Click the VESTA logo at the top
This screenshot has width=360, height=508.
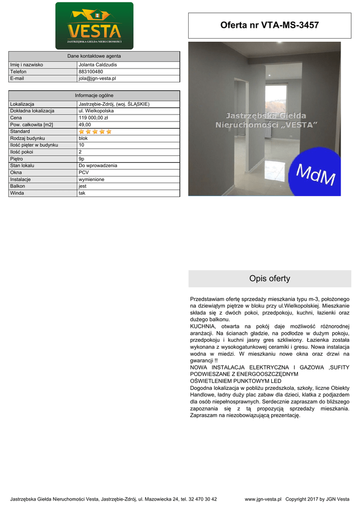pyautogui.click(x=94, y=26)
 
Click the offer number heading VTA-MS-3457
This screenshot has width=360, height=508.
pyautogui.click(x=270, y=25)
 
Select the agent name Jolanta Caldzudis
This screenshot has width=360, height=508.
pyautogui.click(x=98, y=64)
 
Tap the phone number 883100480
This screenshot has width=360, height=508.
pyautogui.click(x=91, y=71)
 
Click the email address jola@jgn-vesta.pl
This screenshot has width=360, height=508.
pyautogui.click(x=97, y=78)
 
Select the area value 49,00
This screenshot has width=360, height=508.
pyautogui.click(x=85, y=125)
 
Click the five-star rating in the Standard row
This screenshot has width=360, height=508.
pyautogui.click(x=95, y=131)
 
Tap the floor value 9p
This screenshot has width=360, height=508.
pyautogui.click(x=82, y=159)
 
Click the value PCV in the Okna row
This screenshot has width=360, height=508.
pyautogui.click(x=83, y=172)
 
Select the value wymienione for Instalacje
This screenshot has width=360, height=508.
pyautogui.click(x=91, y=179)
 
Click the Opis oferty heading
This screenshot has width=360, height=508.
pyautogui.click(x=270, y=279)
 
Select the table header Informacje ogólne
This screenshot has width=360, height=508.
pyautogui.click(x=94, y=95)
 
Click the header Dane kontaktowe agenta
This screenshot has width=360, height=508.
pyautogui.click(x=94, y=56)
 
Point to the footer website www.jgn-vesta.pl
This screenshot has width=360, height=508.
pyautogui.click(x=263, y=499)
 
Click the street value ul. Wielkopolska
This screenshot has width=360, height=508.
pyautogui.click(x=96, y=111)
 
